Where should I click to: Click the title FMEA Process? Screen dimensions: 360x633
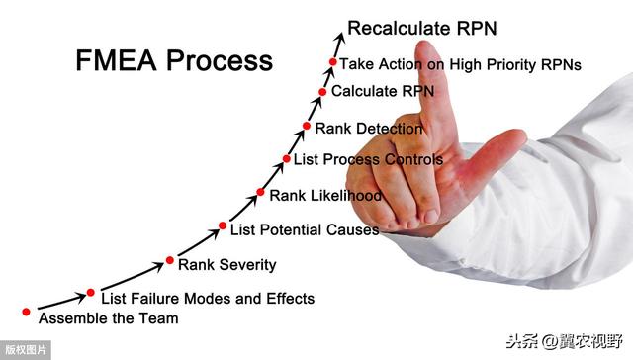point(174,60)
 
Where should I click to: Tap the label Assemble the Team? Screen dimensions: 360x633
point(108,318)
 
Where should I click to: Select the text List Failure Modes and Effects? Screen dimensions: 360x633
point(208,298)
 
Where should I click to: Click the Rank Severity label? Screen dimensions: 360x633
point(226,264)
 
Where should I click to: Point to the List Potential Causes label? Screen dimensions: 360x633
point(305,229)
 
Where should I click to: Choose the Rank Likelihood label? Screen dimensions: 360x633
point(325,196)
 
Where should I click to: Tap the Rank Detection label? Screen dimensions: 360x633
point(368,128)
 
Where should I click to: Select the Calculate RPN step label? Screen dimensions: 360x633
point(382,91)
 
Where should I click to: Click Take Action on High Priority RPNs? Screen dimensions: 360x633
point(460,63)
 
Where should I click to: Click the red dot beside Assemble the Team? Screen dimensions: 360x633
point(26,311)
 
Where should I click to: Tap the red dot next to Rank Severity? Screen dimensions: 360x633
point(170,261)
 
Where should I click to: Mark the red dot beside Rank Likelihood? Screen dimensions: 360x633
point(261,192)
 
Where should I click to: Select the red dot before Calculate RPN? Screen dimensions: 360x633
point(322,92)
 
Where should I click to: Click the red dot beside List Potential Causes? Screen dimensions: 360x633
point(223,225)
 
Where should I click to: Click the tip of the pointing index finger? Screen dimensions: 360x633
point(426,49)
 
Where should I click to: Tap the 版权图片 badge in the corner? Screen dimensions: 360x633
point(26,350)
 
